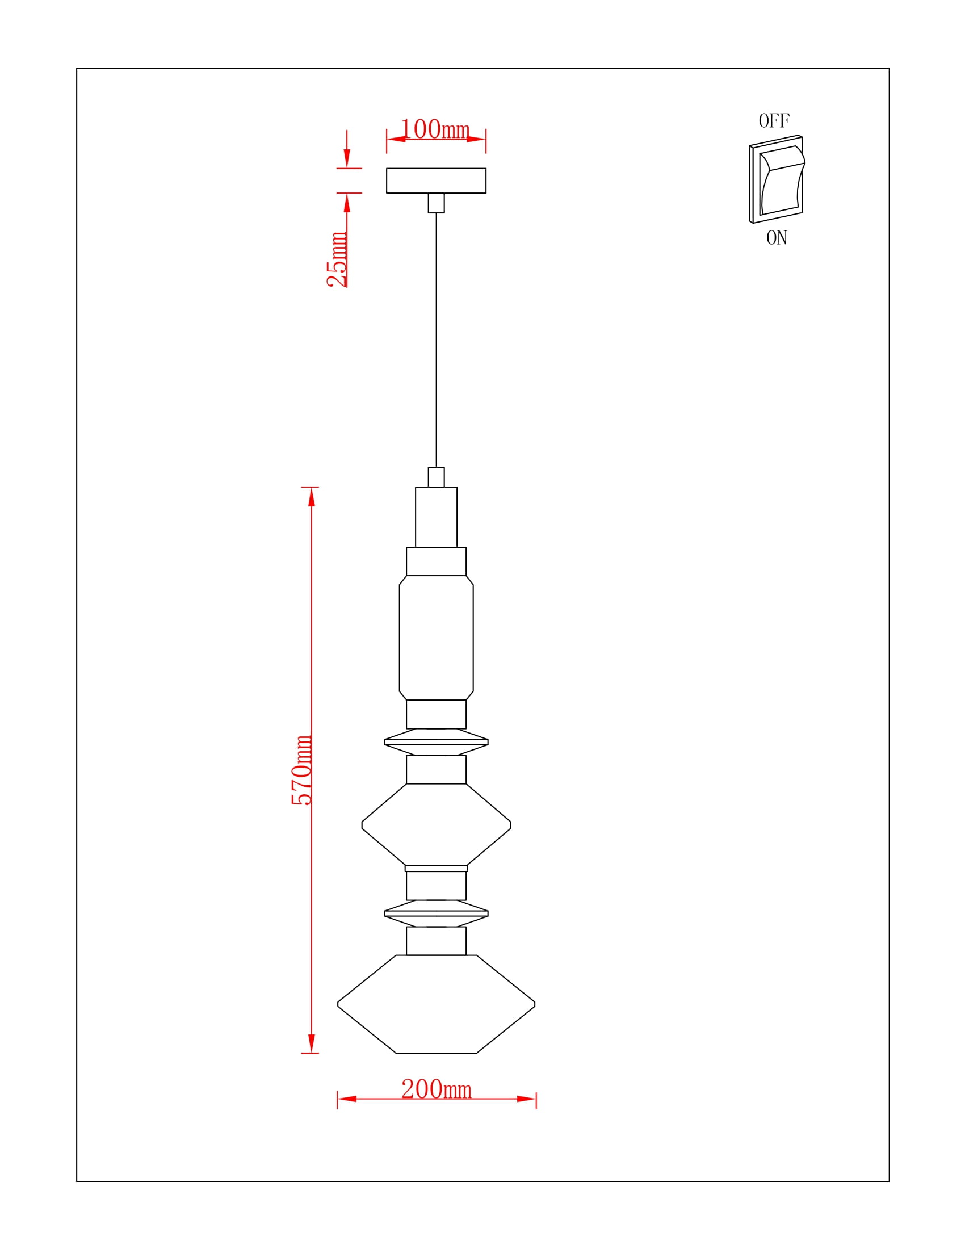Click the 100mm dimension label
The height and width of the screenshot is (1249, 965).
point(435,129)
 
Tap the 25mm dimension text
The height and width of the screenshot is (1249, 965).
point(337,259)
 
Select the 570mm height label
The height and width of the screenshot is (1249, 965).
point(301,770)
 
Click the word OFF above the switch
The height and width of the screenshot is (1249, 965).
point(774,121)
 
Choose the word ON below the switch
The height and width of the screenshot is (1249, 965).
point(777,237)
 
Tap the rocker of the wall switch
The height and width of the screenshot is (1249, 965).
point(782,181)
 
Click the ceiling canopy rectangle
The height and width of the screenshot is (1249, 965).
point(436,181)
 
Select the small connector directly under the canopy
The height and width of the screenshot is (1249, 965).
point(436,203)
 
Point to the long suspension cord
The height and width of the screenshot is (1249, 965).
point(436,340)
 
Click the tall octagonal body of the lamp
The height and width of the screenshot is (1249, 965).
point(436,638)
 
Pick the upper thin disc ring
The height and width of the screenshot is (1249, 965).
point(436,742)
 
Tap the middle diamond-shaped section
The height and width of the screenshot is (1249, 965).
point(436,825)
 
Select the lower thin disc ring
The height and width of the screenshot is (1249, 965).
point(436,913)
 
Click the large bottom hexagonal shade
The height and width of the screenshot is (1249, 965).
point(436,1004)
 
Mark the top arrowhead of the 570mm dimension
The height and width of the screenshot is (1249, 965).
point(312,496)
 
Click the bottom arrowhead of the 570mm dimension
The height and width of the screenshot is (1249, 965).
point(312,1043)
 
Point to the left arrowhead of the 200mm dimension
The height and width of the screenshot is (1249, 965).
point(347,1099)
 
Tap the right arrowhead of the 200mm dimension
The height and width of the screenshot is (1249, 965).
point(527,1099)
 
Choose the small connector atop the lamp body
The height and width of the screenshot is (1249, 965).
point(436,477)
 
